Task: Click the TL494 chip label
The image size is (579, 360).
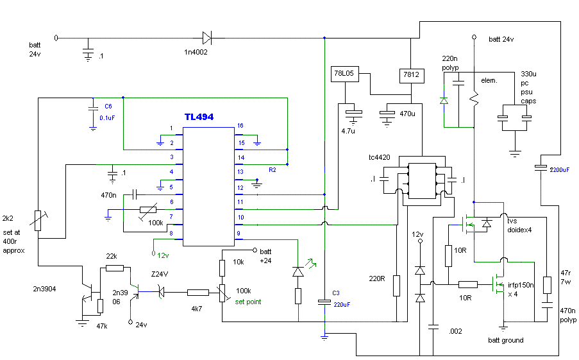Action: tap(199, 117)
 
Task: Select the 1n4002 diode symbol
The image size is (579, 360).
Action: tap(206, 38)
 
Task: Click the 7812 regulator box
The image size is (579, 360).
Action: tap(411, 75)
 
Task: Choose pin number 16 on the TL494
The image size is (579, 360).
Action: tap(240, 126)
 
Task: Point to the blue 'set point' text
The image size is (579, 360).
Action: tap(248, 302)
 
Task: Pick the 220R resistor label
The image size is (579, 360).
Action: tap(376, 280)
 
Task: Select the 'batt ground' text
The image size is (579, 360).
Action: tap(505, 340)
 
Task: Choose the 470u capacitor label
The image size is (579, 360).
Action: tap(408, 114)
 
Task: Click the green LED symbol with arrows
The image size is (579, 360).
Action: tap(298, 271)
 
